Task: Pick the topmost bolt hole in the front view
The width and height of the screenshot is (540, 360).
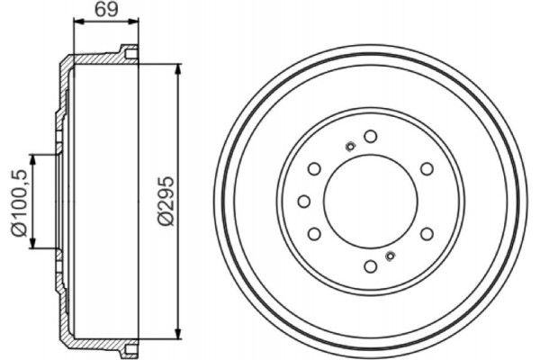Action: pyautogui.click(x=370, y=136)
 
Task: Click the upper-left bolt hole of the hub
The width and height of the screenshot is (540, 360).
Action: pyautogui.click(x=314, y=167)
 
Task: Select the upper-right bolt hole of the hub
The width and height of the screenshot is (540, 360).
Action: pyautogui.click(x=426, y=167)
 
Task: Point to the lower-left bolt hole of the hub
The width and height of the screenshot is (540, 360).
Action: pyautogui.click(x=314, y=233)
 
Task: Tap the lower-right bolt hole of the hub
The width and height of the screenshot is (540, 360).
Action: pyautogui.click(x=426, y=233)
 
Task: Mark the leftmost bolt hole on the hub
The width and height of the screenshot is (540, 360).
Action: pyautogui.click(x=303, y=200)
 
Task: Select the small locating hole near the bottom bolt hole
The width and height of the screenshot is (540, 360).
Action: pyautogui.click(x=389, y=256)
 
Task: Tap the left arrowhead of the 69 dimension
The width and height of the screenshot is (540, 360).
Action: pyautogui.click(x=75, y=26)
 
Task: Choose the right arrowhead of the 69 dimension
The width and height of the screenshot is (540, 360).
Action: pyautogui.click(x=137, y=26)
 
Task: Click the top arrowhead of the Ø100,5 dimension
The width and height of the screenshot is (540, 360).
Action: pyautogui.click(x=35, y=157)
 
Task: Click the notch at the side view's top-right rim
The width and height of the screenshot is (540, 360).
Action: pyautogui.click(x=131, y=54)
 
